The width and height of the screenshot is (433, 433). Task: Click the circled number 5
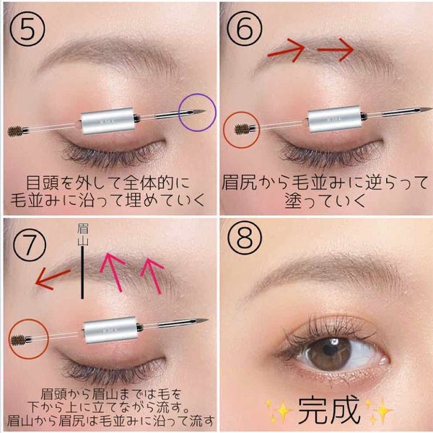27,28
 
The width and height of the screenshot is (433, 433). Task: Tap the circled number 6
245,28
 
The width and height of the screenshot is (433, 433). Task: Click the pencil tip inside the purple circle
198,112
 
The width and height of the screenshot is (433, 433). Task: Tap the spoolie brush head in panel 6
242,129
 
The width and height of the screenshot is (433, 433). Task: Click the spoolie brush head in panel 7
18,340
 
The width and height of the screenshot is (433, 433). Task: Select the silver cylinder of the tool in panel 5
108,121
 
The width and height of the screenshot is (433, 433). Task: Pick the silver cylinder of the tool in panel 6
335,119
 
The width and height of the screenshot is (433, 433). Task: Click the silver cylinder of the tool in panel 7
110,330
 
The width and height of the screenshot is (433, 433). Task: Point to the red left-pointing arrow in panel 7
53,279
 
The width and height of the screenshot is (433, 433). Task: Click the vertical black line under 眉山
82,273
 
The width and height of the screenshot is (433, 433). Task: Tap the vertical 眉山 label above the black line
82,235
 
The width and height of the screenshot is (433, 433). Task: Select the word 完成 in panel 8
329,411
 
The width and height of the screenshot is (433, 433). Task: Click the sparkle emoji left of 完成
279,411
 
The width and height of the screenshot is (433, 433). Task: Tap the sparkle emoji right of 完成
380,411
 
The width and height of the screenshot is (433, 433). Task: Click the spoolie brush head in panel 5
15,131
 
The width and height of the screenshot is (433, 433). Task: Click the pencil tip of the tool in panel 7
201,320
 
